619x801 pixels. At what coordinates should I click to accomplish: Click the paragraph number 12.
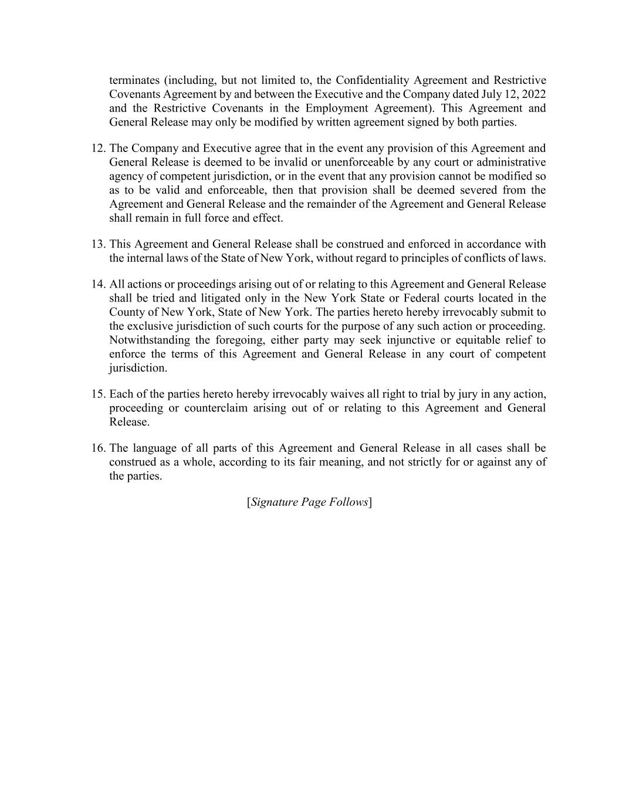pos(98,148)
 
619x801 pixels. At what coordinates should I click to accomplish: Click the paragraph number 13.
pos(98,245)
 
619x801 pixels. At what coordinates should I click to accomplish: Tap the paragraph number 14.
pos(98,285)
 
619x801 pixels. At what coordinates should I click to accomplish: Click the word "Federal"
pos(423,299)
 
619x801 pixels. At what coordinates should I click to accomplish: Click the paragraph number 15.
pos(98,394)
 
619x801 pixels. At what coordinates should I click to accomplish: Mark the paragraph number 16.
pos(98,448)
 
